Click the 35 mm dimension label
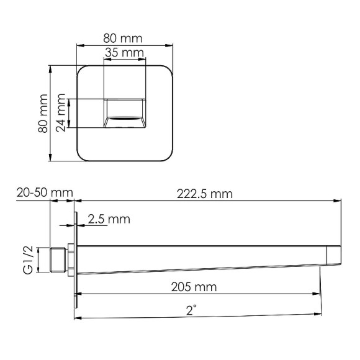tap(124, 53)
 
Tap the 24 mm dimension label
tap(61, 114)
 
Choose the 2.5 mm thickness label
tap(109, 219)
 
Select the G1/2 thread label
tap(28, 261)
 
